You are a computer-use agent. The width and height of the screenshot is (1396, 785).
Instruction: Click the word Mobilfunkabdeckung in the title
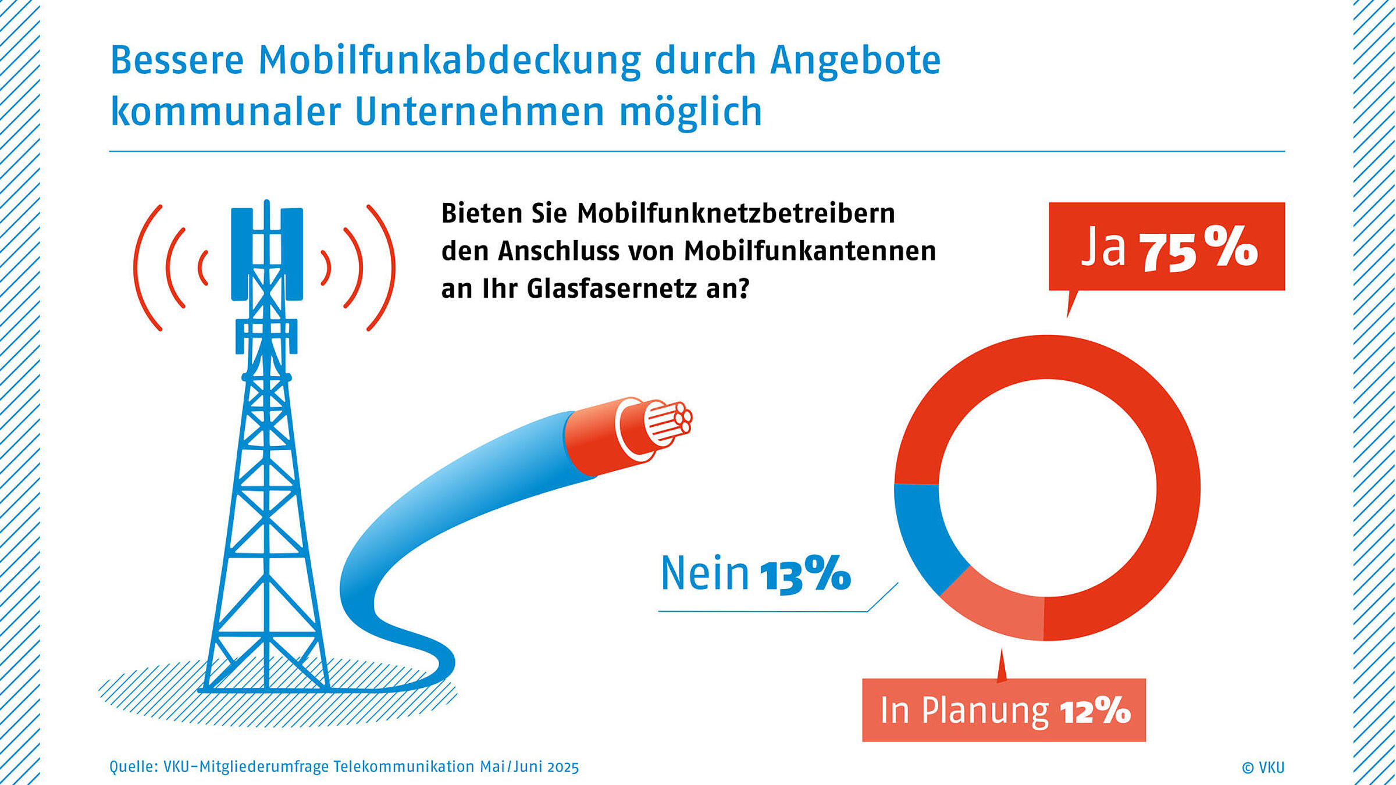tap(449, 60)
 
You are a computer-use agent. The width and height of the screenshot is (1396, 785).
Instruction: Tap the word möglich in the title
tap(690, 112)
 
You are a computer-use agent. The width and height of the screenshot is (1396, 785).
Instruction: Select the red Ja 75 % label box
tap(1166, 247)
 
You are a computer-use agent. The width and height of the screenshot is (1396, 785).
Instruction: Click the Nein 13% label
tap(755, 574)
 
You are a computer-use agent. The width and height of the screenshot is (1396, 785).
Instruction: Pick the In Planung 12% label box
tap(1003, 710)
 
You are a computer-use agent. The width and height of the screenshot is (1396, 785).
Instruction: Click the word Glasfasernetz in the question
tap(611, 288)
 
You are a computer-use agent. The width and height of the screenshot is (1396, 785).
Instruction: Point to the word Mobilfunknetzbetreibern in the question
tap(736, 213)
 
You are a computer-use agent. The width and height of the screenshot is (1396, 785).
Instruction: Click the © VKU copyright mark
tap(1263, 768)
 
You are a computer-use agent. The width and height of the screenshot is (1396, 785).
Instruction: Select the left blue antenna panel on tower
tap(241, 254)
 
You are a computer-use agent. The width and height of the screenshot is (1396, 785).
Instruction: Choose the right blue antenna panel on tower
tap(292, 254)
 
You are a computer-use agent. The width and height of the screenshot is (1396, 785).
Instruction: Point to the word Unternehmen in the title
tap(479, 112)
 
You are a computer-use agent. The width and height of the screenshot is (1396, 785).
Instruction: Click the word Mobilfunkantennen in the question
tap(810, 251)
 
